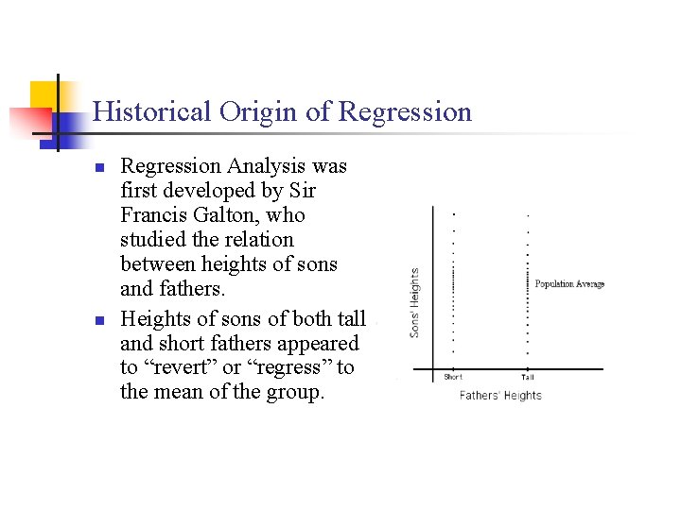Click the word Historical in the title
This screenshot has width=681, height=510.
152,112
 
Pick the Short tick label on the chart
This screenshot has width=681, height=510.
453,378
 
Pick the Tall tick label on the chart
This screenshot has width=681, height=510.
527,378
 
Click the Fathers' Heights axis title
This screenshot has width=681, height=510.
500,396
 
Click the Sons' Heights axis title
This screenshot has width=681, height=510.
414,302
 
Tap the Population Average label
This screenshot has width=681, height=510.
569,284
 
